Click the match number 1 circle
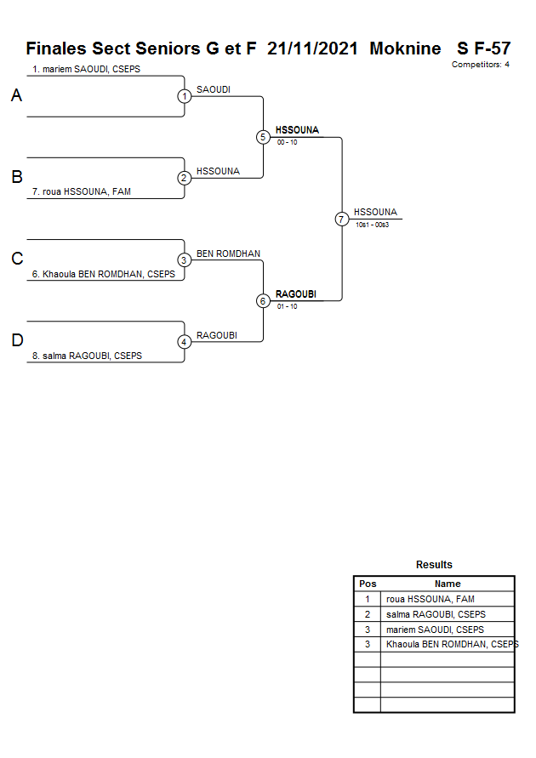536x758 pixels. (x=185, y=96)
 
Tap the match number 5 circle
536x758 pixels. (x=263, y=137)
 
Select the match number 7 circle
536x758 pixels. (x=341, y=219)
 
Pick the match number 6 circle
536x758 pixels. (x=263, y=300)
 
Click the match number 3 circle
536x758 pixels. (x=185, y=259)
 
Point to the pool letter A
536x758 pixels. (x=16, y=96)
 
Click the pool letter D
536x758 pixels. (x=16, y=341)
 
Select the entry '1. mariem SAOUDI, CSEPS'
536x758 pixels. (x=85, y=70)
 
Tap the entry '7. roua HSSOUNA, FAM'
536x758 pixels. (x=81, y=192)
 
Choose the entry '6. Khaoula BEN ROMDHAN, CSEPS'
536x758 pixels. (x=103, y=274)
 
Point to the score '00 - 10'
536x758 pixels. (x=287, y=143)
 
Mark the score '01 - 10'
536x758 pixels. (x=287, y=306)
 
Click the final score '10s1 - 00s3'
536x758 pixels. (x=372, y=225)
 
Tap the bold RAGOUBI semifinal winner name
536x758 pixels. (x=296, y=294)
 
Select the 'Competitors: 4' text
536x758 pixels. (x=481, y=65)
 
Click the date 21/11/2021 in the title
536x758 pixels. (x=312, y=48)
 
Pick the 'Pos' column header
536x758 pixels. (x=368, y=584)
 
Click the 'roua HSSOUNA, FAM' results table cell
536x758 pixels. (x=430, y=599)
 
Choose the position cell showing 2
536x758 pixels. (x=368, y=614)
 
